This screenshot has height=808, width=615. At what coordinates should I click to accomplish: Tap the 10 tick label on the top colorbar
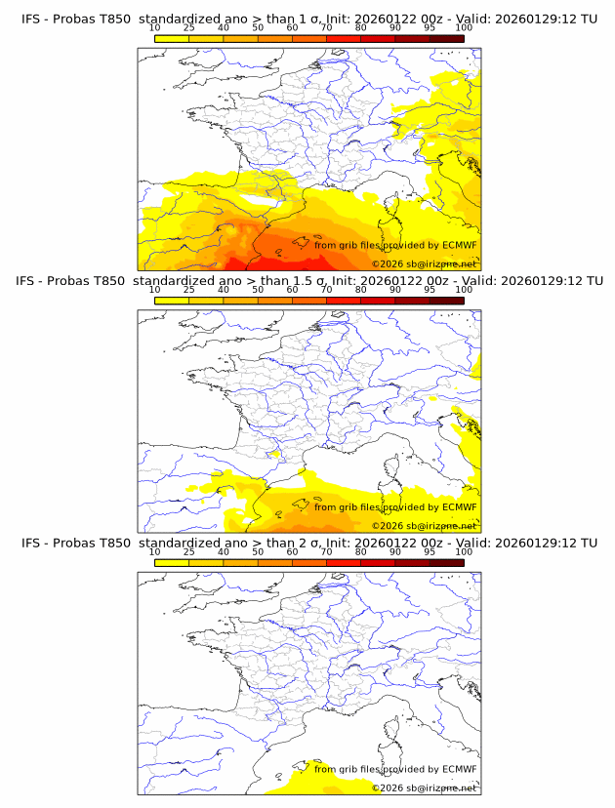pyautogui.click(x=154, y=28)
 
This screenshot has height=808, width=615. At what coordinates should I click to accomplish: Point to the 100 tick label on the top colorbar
pyautogui.click(x=464, y=28)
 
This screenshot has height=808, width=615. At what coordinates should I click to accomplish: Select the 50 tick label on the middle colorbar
pyautogui.click(x=258, y=290)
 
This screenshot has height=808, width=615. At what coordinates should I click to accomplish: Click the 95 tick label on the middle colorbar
pyautogui.click(x=430, y=290)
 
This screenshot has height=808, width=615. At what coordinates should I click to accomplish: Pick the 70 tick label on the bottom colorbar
pyautogui.click(x=326, y=551)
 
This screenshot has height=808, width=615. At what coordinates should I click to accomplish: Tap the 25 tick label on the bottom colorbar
pyautogui.click(x=188, y=551)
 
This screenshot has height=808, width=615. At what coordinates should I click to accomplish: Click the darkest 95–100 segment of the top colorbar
pyautogui.click(x=446, y=38)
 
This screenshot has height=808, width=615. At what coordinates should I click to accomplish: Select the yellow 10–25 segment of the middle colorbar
pyautogui.click(x=172, y=301)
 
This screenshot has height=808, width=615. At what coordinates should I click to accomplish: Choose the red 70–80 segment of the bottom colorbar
pyautogui.click(x=344, y=562)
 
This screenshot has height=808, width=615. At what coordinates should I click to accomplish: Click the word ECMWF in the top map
pyautogui.click(x=459, y=245)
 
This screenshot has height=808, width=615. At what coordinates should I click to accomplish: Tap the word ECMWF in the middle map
pyautogui.click(x=459, y=506)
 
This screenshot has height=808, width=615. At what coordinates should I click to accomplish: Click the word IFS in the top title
pyautogui.click(x=30, y=20)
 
